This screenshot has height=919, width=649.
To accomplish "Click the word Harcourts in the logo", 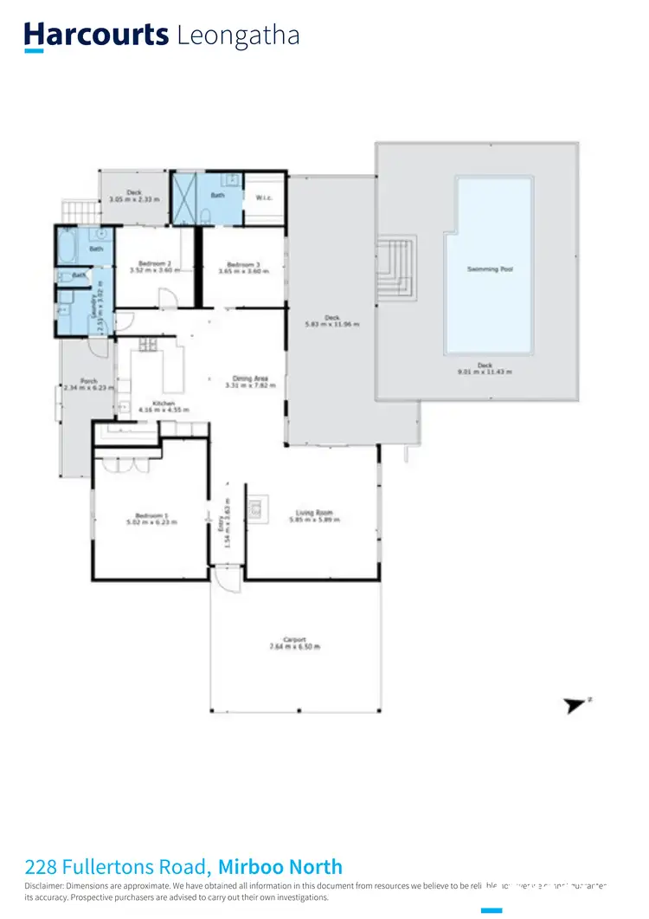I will (96, 35).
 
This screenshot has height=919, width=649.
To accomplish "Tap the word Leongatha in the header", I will (238, 36).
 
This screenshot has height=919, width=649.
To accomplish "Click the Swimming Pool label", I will (490, 269).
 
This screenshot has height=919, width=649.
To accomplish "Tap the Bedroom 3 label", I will (243, 264).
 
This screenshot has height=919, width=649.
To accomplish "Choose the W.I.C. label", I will (265, 197).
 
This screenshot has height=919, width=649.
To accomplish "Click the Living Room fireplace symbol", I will (257, 509).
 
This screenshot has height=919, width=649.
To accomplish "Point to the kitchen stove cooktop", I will (148, 345).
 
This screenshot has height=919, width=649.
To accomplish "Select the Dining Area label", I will (249, 378).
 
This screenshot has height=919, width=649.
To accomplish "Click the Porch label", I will (88, 380).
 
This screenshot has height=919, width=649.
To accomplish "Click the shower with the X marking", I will (184, 198).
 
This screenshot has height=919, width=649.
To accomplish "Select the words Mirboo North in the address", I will (280, 866).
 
